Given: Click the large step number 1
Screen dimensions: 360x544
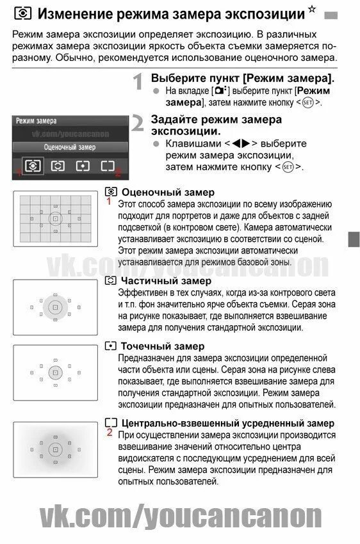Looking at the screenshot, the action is [138, 83].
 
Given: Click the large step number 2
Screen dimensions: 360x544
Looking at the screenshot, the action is [138, 123].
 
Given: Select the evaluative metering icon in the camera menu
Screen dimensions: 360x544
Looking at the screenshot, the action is [33, 166].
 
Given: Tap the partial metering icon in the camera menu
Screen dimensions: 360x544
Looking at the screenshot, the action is [58, 166].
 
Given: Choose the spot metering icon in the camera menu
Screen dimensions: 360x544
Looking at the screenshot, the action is [83, 166].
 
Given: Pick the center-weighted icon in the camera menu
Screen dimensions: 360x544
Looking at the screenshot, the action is [107, 166].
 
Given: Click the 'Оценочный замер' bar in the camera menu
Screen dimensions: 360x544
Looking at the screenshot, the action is [70, 147].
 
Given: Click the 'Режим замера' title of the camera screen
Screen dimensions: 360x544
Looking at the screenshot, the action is [36, 120].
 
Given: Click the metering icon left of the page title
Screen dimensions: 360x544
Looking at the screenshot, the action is [21, 14].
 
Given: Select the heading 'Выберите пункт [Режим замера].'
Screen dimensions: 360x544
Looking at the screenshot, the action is [242, 78].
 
